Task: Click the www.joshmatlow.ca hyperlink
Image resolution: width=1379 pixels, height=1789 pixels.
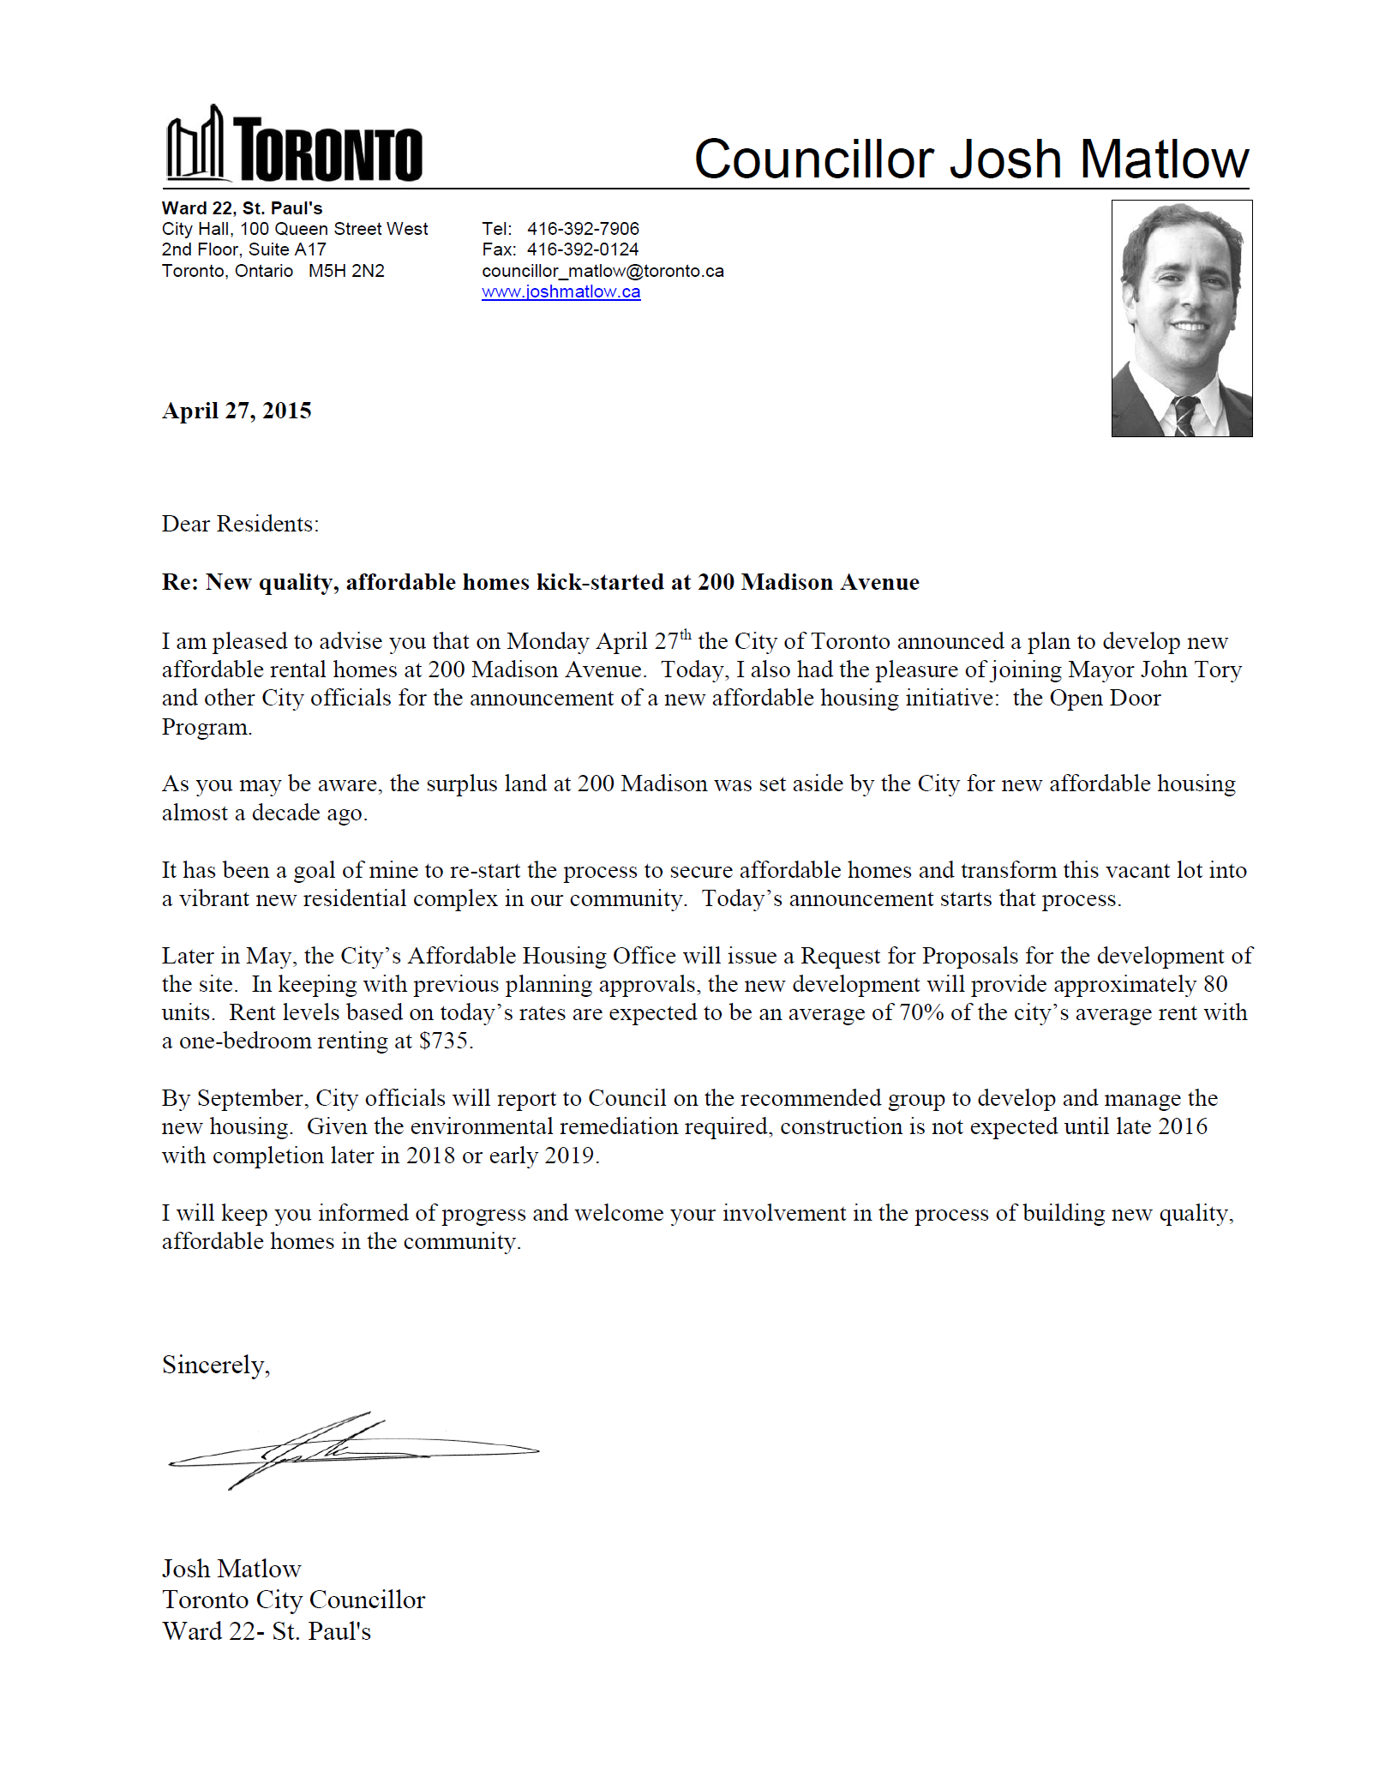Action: [561, 292]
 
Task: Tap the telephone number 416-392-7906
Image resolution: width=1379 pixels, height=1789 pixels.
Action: [583, 229]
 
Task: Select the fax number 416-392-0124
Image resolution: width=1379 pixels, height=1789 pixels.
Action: [583, 249]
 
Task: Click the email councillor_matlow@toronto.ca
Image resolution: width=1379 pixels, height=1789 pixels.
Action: [603, 271]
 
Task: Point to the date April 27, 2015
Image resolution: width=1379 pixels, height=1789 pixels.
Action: [237, 411]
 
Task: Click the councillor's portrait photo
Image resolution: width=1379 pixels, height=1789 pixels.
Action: [1181, 318]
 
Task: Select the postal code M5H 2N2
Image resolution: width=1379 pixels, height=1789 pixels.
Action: [346, 271]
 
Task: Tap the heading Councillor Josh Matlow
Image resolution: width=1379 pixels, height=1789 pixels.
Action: [970, 159]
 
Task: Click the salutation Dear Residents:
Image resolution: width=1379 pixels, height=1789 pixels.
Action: [240, 524]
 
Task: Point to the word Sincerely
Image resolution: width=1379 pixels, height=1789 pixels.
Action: [215, 1365]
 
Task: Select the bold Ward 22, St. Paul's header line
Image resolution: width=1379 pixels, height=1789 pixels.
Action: [242, 208]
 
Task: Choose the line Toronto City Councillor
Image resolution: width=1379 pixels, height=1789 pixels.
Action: [293, 1600]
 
